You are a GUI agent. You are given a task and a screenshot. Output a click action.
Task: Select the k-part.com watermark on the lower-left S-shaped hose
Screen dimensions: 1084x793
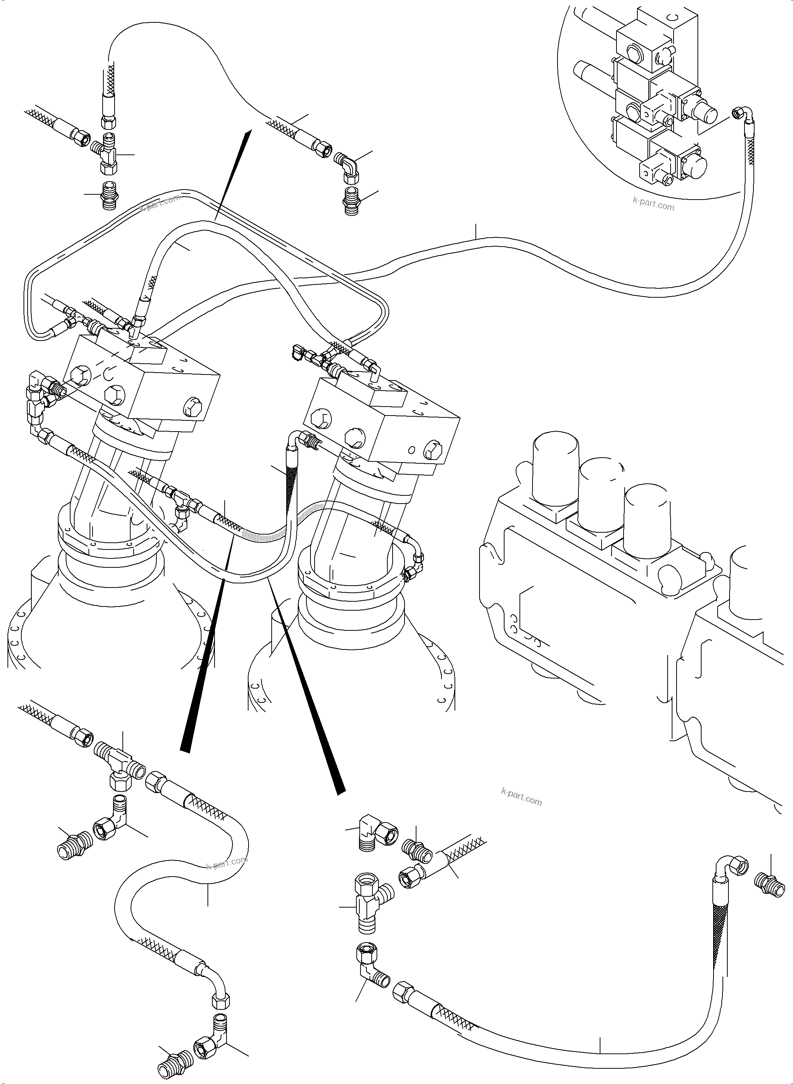227,862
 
